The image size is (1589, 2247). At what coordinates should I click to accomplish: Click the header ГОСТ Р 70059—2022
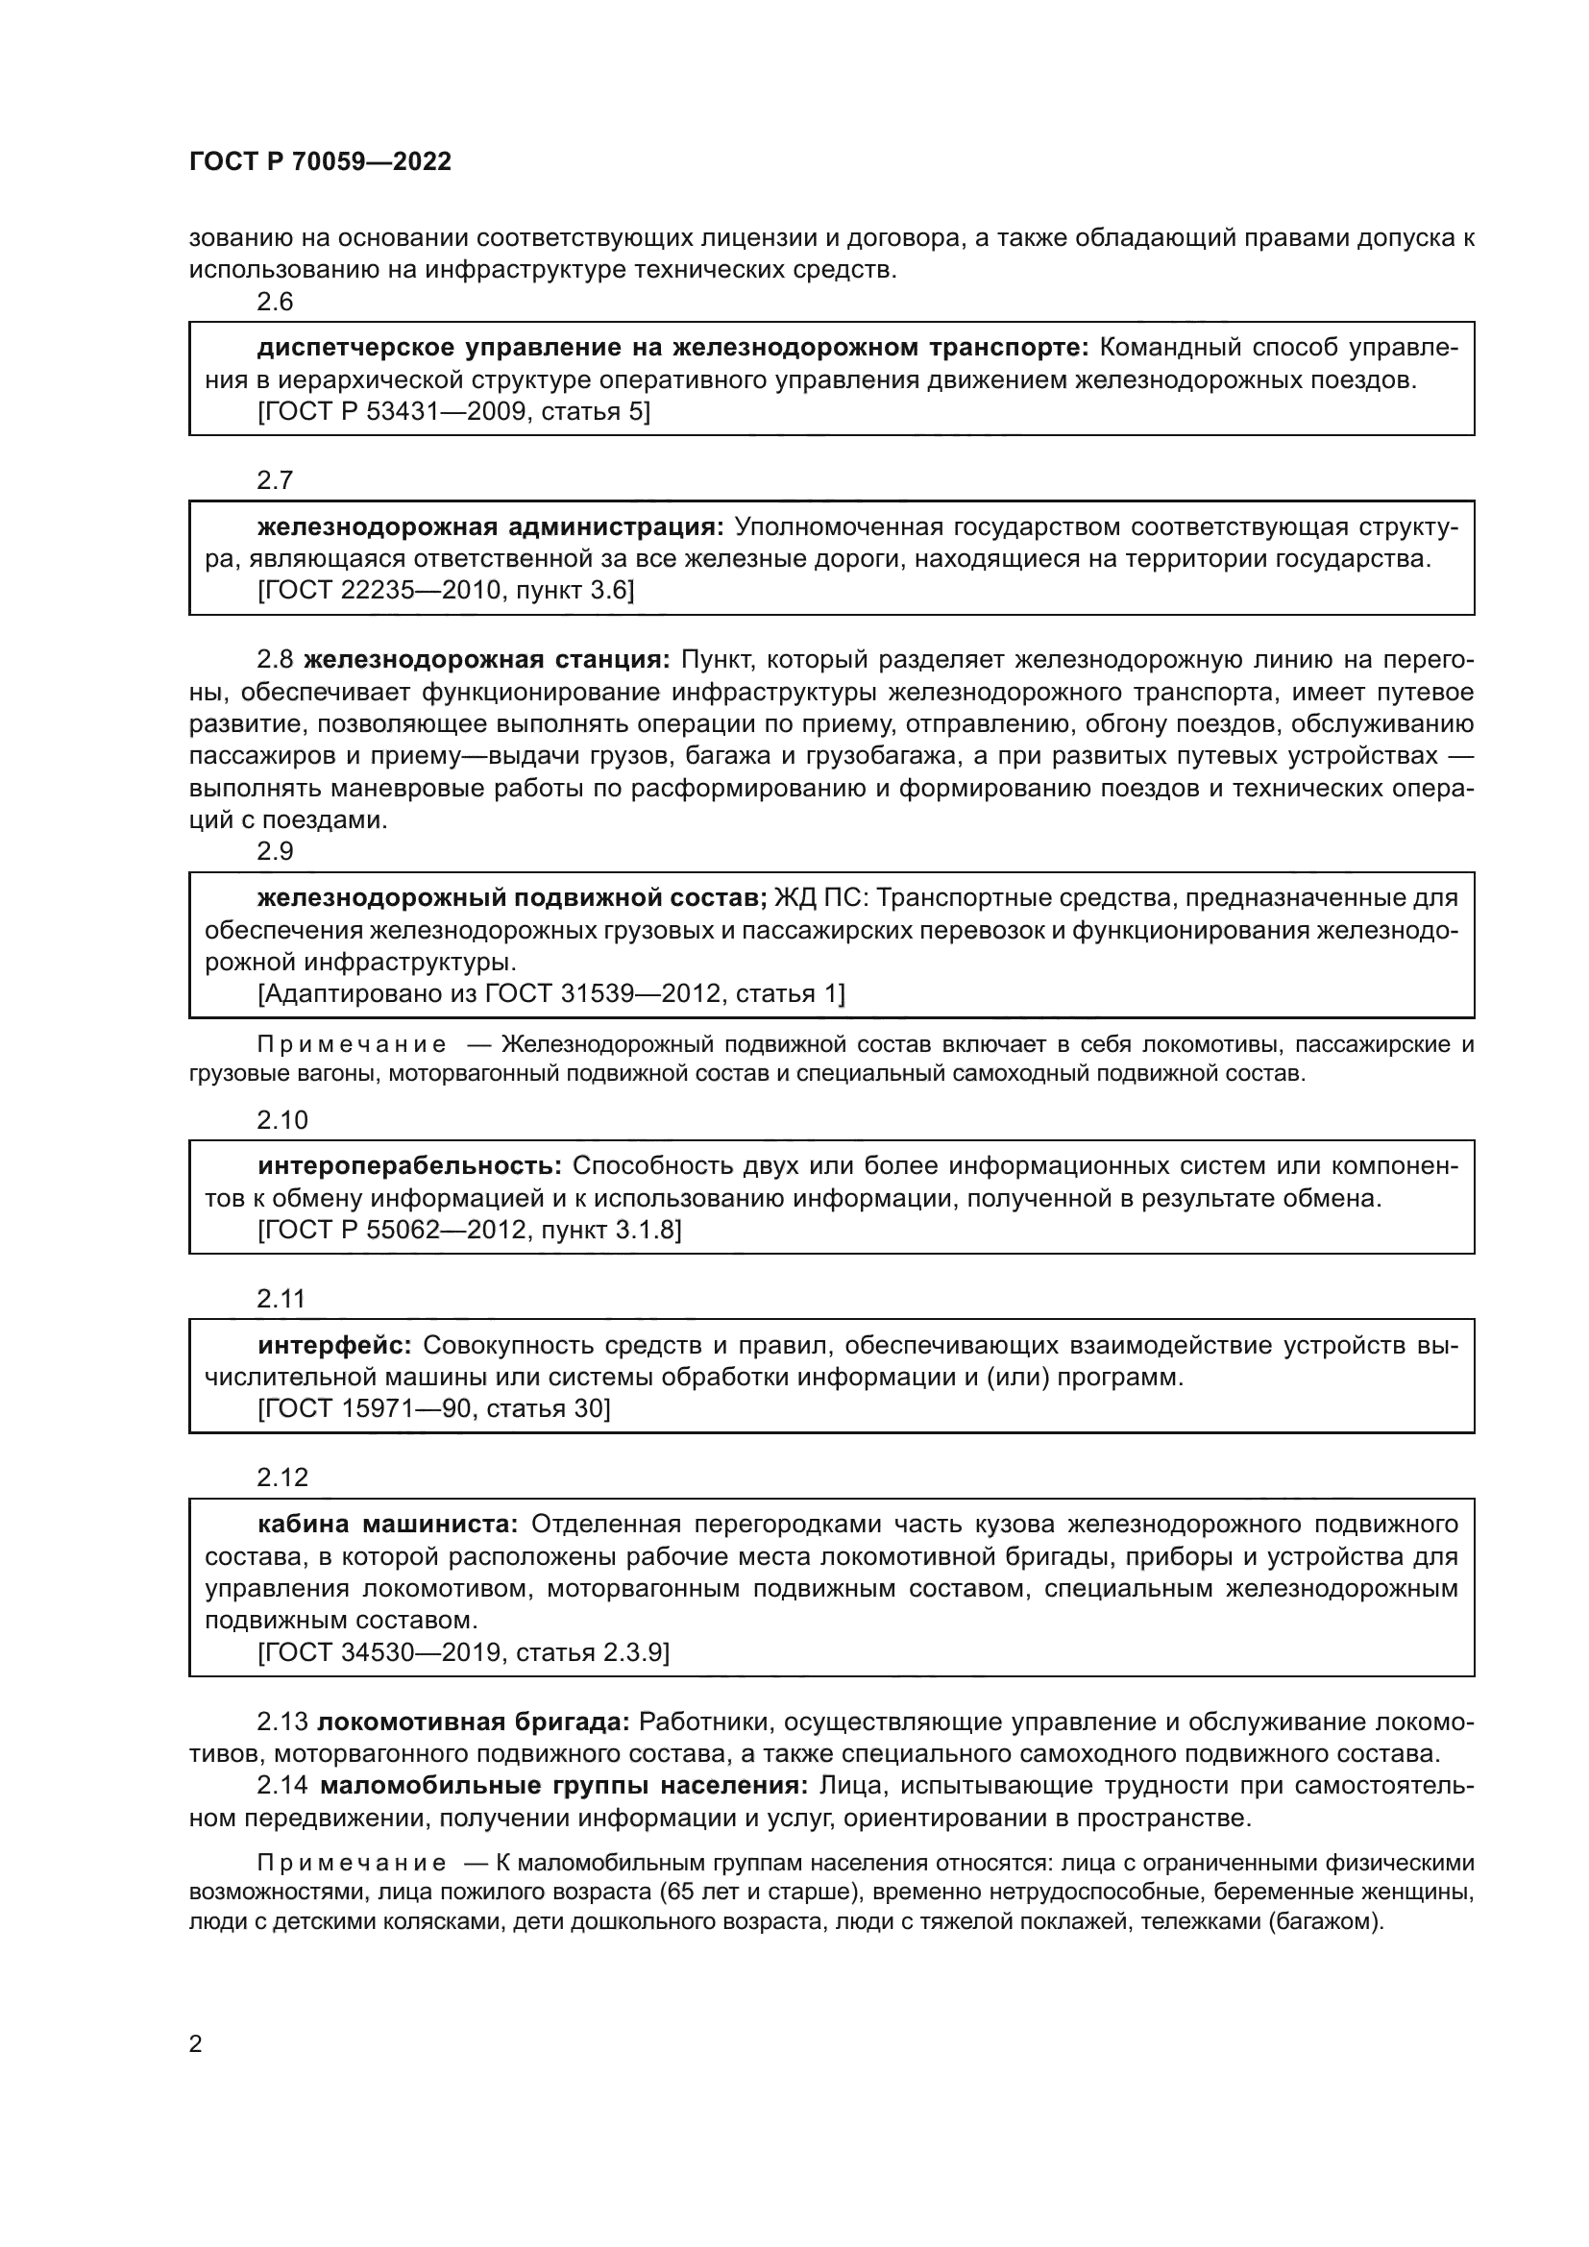320,162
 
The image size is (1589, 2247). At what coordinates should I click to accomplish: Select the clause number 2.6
275,303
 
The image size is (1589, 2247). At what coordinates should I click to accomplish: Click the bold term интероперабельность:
409,1165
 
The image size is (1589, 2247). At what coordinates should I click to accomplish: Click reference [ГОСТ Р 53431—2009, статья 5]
454,412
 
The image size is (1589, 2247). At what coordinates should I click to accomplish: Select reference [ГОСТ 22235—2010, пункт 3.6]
446,591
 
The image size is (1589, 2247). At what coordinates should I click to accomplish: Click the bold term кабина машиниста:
387,1524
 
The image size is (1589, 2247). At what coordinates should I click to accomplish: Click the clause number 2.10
281,1120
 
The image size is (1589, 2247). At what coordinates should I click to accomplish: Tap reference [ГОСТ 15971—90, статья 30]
433,1408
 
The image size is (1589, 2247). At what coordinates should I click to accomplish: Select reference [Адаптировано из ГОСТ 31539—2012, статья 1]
551,994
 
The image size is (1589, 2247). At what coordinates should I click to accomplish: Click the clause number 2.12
281,1478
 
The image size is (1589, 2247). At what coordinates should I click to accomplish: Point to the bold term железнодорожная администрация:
490,527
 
